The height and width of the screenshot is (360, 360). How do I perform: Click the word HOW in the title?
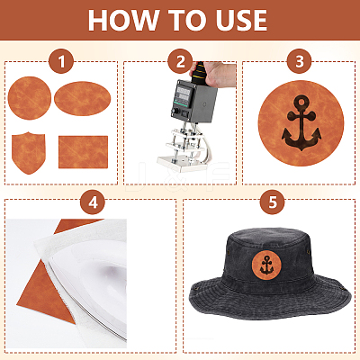pos(123,20)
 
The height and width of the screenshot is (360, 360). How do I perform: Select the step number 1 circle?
pos(61,61)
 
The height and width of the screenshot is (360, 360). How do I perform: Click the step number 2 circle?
pos(180,61)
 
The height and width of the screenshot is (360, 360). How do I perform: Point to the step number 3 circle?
pos(299,61)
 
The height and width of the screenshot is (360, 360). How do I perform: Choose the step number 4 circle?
pos(93,202)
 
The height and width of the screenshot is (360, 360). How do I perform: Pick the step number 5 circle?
pos(272,202)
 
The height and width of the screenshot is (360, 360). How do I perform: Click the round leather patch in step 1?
pos(30,98)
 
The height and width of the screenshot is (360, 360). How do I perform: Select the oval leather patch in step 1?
pos(83,98)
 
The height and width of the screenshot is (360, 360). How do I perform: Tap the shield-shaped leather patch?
pos(29,153)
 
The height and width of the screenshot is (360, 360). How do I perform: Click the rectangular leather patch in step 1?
pos(83,152)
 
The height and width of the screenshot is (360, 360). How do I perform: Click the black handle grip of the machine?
pos(198,74)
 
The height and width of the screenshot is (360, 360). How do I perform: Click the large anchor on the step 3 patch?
pos(301,122)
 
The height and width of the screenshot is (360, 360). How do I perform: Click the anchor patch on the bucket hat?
pos(266,265)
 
